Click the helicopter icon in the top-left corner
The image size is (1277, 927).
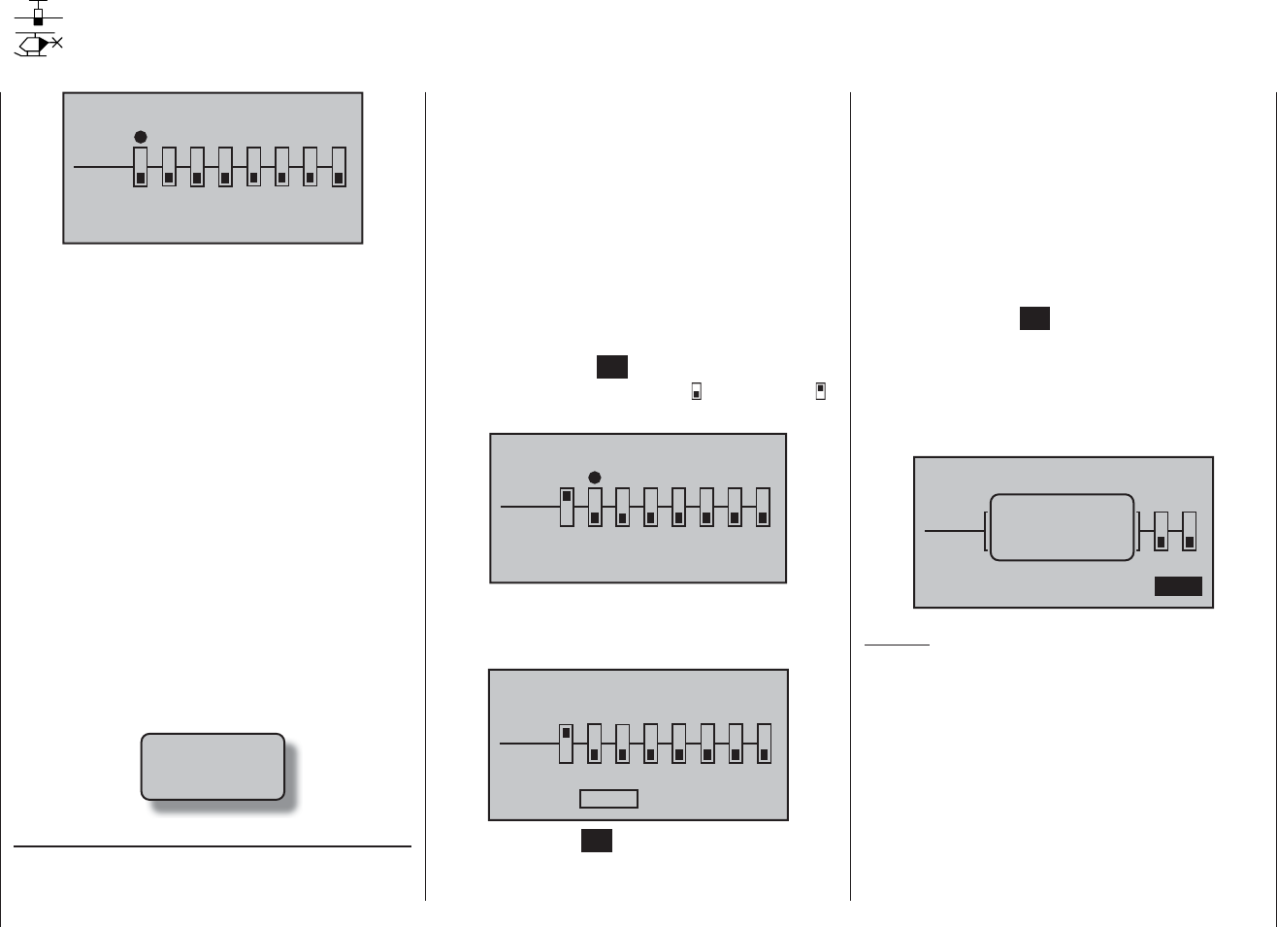(38, 45)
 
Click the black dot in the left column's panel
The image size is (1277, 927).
(141, 137)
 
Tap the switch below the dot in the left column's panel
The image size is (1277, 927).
(141, 167)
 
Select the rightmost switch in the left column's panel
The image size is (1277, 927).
(339, 167)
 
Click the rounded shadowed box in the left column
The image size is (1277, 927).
(213, 766)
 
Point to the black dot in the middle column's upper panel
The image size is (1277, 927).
(595, 477)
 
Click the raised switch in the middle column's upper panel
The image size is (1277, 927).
(567, 507)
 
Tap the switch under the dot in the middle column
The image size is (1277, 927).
(595, 507)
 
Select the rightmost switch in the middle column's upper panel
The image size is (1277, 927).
(763, 507)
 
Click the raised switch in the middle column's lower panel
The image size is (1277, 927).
(567, 744)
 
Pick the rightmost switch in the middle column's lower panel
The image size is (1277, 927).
(764, 744)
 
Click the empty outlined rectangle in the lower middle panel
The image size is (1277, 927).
(608, 798)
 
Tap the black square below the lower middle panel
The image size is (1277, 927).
(597, 841)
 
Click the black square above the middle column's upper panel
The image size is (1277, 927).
(611, 367)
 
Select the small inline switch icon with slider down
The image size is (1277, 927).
(696, 391)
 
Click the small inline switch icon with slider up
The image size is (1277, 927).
(820, 391)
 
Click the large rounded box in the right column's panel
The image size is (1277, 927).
(1062, 527)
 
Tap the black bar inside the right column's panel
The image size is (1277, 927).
(1178, 585)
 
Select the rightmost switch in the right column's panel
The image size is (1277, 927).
(1189, 531)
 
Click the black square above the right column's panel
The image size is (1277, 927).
(1034, 318)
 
